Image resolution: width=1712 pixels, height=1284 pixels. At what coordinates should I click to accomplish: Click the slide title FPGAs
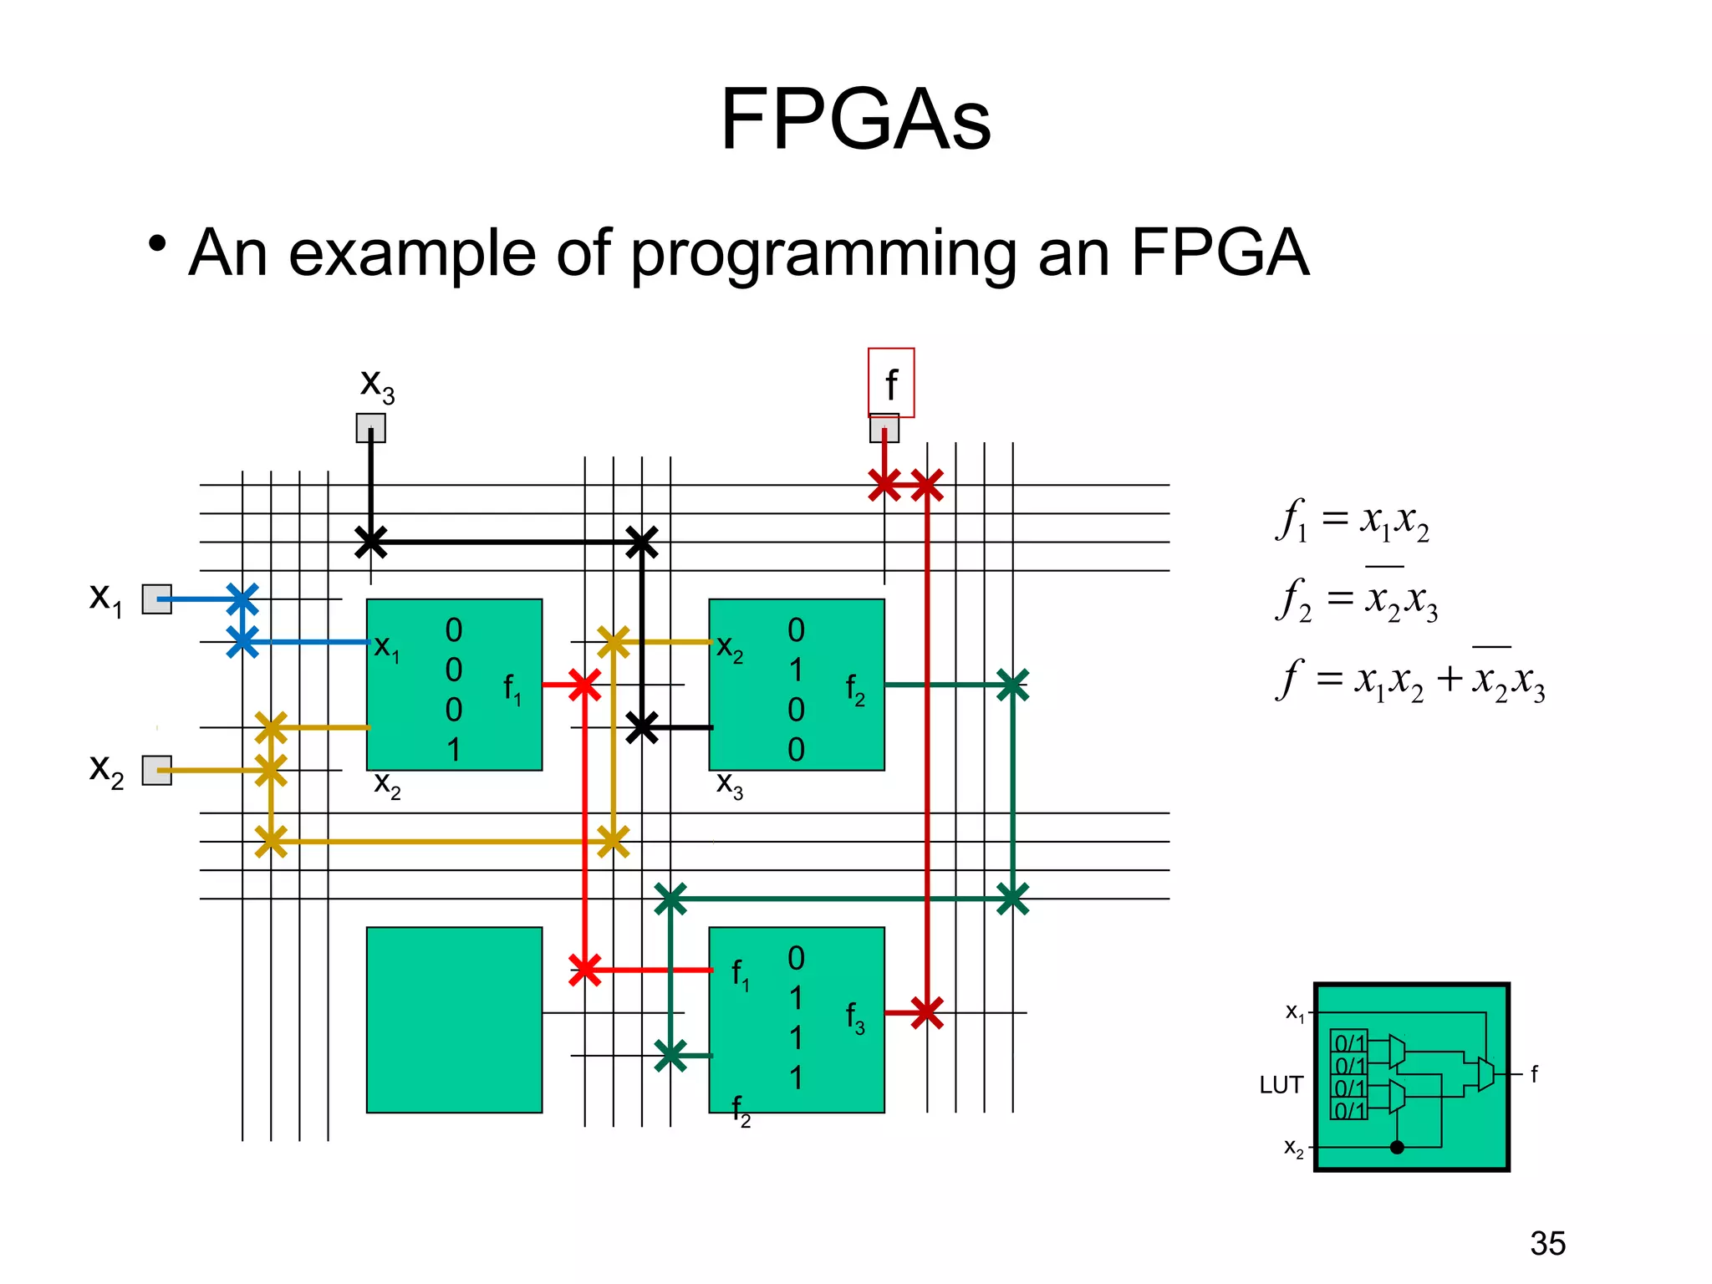[x=855, y=120]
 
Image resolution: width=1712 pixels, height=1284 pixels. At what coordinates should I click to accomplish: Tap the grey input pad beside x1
[x=156, y=599]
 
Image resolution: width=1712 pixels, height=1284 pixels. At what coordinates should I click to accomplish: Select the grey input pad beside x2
[x=156, y=770]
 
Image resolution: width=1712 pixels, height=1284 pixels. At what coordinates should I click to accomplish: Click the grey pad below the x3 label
[x=370, y=428]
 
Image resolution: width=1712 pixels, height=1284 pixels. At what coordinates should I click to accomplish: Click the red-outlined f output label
[x=891, y=384]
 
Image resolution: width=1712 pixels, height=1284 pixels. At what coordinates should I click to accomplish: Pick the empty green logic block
[x=454, y=1020]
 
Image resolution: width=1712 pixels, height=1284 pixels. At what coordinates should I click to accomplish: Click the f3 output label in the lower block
[x=854, y=1018]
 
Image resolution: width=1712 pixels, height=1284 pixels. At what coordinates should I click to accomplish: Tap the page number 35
[x=1547, y=1244]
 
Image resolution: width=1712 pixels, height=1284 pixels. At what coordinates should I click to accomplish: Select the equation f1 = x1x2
[x=1353, y=521]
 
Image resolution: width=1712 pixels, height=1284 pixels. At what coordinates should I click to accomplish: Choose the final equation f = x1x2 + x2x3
[x=1410, y=678]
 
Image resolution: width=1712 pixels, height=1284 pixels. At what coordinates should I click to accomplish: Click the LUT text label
[x=1281, y=1085]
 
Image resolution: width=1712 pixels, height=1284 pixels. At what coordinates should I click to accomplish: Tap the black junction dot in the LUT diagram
[x=1397, y=1147]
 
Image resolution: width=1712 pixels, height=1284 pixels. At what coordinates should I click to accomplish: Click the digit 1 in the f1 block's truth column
[x=453, y=750]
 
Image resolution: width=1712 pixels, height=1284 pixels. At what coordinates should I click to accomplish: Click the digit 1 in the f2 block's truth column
[x=796, y=670]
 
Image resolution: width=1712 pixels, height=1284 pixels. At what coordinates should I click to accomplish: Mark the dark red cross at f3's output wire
[x=926, y=1013]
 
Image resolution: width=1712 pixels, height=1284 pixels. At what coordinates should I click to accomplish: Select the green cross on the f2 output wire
[x=1012, y=685]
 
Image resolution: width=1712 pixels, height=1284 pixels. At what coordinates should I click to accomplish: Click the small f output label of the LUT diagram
[x=1534, y=1074]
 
